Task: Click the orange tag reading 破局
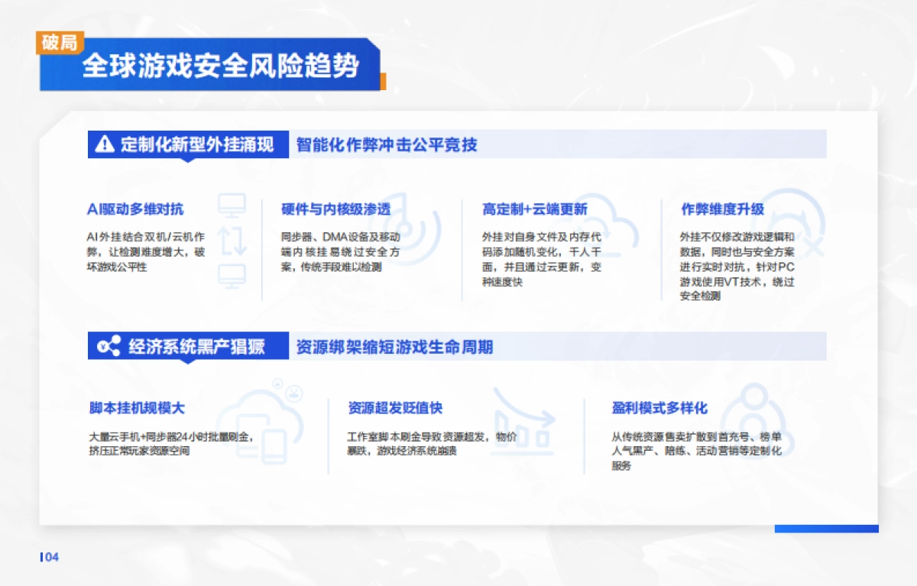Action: tap(59, 43)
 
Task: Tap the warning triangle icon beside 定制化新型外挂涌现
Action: tap(104, 144)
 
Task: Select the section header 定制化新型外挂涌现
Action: tap(196, 144)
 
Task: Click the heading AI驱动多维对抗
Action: tap(135, 209)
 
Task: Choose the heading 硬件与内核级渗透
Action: tap(335, 209)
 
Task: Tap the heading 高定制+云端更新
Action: tap(534, 209)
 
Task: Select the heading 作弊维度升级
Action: tap(722, 209)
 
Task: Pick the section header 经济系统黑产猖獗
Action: tap(196, 347)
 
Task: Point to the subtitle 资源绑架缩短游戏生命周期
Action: tap(394, 347)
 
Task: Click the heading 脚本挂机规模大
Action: tap(137, 408)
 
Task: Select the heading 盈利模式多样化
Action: tap(659, 408)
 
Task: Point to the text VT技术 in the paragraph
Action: tap(750, 282)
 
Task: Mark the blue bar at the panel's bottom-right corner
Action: tap(826, 529)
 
